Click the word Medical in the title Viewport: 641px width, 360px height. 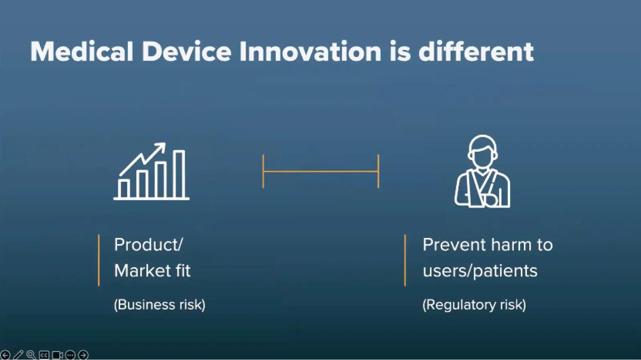[82, 52]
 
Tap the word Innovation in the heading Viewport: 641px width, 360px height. [311, 52]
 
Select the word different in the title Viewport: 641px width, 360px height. [476, 52]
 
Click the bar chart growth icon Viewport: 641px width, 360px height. [151, 171]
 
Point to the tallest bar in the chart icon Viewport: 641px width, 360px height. [179, 174]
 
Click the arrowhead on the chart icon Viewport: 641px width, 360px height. [161, 147]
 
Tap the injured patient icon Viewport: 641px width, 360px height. [482, 171]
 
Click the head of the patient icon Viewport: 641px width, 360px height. [482, 151]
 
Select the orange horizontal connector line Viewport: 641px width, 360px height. [321, 171]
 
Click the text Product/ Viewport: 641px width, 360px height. [148, 245]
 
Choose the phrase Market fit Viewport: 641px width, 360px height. [152, 270]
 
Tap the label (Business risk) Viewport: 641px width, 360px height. [160, 304]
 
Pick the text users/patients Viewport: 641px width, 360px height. [480, 271]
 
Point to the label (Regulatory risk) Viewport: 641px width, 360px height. [474, 305]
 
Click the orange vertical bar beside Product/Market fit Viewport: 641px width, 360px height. [99, 260]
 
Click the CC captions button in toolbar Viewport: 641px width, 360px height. [44, 355]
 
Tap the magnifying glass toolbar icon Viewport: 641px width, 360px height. [31, 355]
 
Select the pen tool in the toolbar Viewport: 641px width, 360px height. [18, 355]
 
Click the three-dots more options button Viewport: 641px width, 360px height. [70, 355]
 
